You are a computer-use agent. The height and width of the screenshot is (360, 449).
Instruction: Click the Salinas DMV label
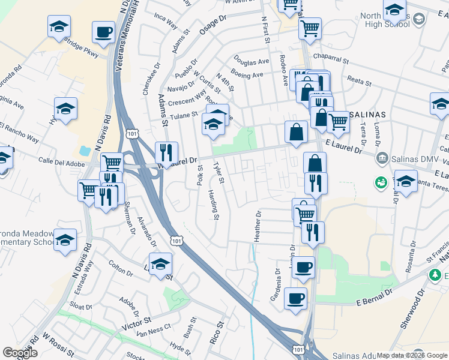pyautogui.click(x=408, y=158)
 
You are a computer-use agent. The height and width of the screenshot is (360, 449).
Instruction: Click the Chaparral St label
pyautogui.click(x=330, y=59)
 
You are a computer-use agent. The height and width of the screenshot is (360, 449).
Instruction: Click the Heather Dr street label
pyautogui.click(x=258, y=226)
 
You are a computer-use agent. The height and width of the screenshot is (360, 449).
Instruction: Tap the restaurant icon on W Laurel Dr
pyautogui.click(x=166, y=152)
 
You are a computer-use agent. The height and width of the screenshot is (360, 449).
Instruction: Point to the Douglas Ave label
pyautogui.click(x=252, y=62)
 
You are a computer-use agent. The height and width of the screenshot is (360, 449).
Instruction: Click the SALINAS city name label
pyautogui.click(x=364, y=114)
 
